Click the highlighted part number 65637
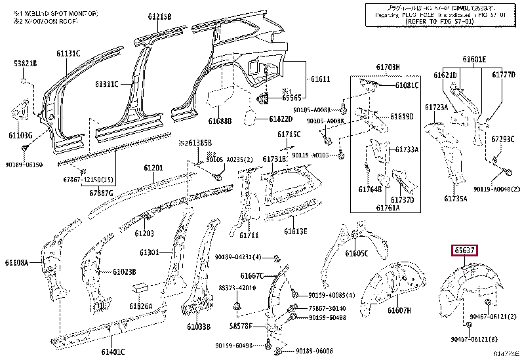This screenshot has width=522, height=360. (x=464, y=250)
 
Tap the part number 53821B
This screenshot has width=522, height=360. (x=26, y=63)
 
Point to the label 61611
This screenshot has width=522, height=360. (x=319, y=79)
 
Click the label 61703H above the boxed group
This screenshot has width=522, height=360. (x=388, y=67)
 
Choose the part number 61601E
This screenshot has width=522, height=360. (x=473, y=60)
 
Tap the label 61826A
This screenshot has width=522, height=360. (x=140, y=306)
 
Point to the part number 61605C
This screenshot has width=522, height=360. (x=357, y=253)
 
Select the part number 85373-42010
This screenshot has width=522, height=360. (x=237, y=288)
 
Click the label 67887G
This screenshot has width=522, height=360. (x=102, y=193)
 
